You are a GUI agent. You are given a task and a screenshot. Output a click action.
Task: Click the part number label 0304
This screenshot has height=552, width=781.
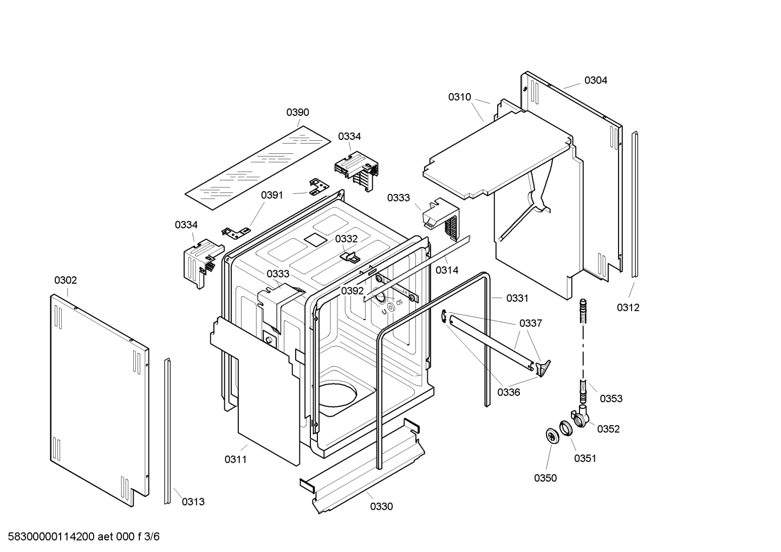coord(595,80)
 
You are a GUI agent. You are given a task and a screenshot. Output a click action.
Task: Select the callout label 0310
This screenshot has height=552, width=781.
coord(459,97)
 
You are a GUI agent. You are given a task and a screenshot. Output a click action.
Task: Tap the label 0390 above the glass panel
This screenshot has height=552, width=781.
coord(297,112)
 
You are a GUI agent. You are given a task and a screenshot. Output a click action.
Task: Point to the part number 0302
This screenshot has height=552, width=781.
coord(66,280)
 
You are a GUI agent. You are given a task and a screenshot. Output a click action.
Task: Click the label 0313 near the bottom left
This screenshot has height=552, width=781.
coord(193,502)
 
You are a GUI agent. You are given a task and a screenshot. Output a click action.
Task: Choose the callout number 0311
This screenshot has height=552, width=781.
coord(236,459)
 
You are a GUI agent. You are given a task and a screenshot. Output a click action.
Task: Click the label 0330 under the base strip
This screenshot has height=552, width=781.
coord(381,506)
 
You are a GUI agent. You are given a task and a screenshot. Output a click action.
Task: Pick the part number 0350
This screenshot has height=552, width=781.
coord(545,478)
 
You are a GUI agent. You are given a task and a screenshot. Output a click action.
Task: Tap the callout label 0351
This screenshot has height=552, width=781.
coord(585,458)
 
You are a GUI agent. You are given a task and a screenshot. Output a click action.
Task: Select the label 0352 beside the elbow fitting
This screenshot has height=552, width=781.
coord(608,429)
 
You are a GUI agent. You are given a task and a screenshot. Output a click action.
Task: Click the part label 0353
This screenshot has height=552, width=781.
coord(611,399)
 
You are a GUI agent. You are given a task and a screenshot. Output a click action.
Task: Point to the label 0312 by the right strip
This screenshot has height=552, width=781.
coord(628,308)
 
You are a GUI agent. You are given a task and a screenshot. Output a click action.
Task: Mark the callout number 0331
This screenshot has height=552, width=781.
coord(517,298)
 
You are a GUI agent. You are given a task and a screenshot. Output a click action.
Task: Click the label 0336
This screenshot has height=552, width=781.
coord(509,392)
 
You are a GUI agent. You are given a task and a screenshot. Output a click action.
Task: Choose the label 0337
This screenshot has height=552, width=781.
coord(530,323)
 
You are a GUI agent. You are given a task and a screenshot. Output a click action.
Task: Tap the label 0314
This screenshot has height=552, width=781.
coord(447,270)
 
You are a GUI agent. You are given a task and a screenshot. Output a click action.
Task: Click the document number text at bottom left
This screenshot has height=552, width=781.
coord(81,537)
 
